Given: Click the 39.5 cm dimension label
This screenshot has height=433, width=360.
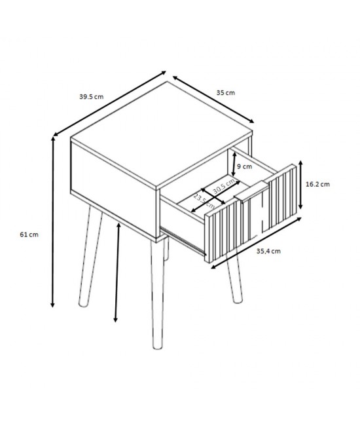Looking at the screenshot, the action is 92,97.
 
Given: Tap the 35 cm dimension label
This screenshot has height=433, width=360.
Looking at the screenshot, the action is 226,93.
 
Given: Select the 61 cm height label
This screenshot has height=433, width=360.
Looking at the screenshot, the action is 29,235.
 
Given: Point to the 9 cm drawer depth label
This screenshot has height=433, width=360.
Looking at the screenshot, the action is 244,166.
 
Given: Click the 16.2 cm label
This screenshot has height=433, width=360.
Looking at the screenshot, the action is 317,184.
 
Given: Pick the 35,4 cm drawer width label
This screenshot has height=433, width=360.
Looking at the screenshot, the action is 268,251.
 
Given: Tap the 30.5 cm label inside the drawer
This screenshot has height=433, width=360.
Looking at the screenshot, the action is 224,186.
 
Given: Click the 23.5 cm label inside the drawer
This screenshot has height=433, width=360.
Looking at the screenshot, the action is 204,202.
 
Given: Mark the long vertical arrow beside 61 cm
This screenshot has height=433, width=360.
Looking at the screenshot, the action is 52,222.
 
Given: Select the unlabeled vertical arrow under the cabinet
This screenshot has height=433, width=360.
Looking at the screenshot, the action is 117,273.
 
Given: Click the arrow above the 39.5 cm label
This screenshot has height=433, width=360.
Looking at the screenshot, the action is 109,104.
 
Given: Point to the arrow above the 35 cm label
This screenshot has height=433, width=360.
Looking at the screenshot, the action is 213,99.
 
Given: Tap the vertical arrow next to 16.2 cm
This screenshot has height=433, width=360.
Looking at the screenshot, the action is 301,185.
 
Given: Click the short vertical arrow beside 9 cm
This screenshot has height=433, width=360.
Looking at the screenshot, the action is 234,164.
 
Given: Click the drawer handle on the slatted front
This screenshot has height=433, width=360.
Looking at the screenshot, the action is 251,191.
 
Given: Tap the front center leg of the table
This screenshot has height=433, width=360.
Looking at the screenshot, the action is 157,293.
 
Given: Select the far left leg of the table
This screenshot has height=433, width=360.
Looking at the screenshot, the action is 90,257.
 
